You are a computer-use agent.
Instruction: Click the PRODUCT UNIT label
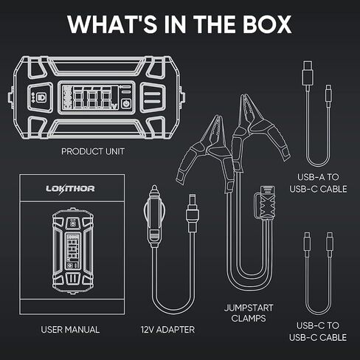point(93,151)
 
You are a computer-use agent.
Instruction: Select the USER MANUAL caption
point(70,330)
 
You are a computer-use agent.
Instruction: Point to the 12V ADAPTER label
point(167,330)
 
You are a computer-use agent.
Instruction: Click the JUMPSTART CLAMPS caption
point(249,313)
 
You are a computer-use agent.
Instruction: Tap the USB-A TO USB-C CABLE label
point(318,183)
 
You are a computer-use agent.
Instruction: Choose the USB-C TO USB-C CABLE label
point(318,331)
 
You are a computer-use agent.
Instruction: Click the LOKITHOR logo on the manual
point(70,189)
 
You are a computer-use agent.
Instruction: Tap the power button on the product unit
point(126,103)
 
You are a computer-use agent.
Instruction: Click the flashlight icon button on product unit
point(41,97)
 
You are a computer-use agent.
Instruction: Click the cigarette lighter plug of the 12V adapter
point(154,216)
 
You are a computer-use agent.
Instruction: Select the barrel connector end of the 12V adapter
point(192,212)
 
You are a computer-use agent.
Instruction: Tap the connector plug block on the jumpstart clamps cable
point(265,202)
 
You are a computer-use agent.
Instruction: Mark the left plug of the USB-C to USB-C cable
point(307,241)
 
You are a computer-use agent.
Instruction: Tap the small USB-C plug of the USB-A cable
point(328,93)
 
